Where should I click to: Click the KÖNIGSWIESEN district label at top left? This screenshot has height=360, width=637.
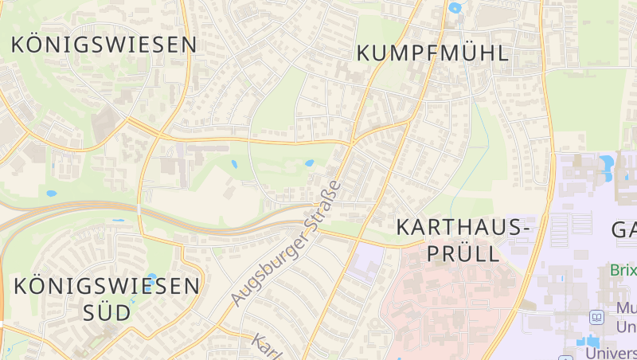104,45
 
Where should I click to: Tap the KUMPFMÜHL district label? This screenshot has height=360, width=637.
433,53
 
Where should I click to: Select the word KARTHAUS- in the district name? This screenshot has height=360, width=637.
463,228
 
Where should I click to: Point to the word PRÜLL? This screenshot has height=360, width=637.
463,254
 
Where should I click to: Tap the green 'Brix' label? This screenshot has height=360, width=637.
623,270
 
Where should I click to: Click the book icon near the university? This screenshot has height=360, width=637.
597,318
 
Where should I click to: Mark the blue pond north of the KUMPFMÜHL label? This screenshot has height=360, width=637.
455,9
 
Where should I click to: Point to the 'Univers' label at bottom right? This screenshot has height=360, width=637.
611,351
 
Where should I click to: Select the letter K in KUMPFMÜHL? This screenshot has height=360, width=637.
365,53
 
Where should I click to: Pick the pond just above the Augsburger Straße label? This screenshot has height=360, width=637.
309,163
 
